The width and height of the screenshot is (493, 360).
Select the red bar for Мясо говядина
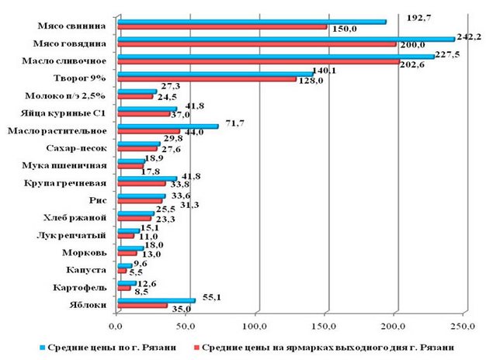click(255, 43)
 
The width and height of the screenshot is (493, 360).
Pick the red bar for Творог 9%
click(206, 78)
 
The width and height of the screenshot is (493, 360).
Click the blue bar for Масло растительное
click(167, 126)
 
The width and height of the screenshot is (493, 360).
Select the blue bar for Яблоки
click(155, 299)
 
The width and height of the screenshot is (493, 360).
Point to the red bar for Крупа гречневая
click(141, 185)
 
